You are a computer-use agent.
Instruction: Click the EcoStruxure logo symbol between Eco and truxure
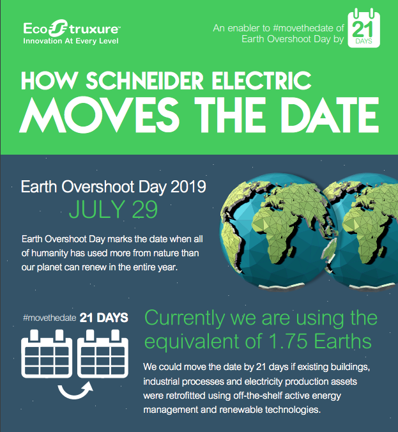[58, 28]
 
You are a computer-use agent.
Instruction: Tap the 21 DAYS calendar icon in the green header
[364, 28]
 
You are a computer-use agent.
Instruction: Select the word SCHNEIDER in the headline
[144, 81]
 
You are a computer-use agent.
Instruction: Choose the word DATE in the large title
[330, 114]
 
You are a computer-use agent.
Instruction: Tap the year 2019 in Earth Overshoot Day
[188, 187]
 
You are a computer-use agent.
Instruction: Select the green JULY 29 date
[113, 209]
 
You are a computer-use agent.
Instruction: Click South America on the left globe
[230, 242]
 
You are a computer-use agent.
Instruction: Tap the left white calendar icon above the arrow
[47, 354]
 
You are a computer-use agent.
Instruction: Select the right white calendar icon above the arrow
[103, 354]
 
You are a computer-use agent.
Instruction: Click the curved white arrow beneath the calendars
[75, 394]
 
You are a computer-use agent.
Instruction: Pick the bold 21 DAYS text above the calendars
[104, 318]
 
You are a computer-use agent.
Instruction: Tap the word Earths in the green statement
[343, 341]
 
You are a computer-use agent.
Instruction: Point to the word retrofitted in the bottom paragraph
[185, 396]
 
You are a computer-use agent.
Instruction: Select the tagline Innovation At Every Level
[71, 41]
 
